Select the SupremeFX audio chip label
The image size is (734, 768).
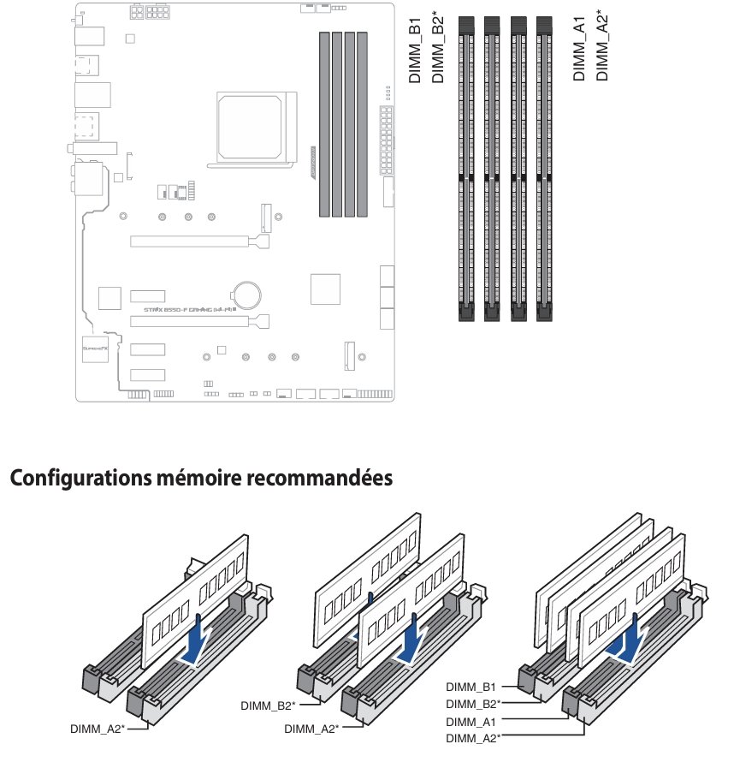click(x=92, y=349)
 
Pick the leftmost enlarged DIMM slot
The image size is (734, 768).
click(x=466, y=168)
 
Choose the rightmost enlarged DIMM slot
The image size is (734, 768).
click(x=544, y=168)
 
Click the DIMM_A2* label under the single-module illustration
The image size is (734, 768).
click(x=98, y=729)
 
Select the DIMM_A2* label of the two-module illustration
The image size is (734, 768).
click(x=311, y=729)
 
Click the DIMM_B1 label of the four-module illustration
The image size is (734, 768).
click(x=471, y=686)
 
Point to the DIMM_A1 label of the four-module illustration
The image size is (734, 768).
click(x=471, y=722)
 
